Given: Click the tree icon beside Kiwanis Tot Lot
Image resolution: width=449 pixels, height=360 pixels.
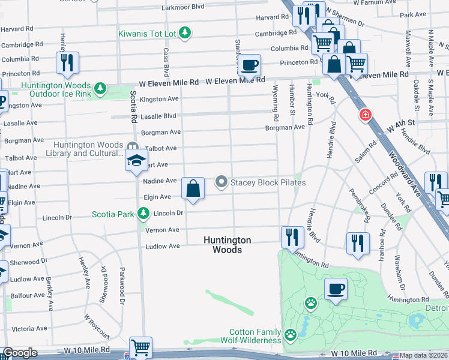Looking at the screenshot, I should coord(186,32).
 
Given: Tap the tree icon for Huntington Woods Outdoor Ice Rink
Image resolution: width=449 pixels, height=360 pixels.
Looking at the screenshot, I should coord(100,89).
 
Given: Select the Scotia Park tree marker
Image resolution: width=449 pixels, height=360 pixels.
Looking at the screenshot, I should coord(143,213).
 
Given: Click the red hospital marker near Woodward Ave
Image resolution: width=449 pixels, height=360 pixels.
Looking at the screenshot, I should coord(364,115).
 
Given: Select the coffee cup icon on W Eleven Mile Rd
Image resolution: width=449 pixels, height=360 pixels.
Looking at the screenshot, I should coord(250,64).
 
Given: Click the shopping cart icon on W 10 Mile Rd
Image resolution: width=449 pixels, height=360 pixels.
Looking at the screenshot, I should coord(140,347).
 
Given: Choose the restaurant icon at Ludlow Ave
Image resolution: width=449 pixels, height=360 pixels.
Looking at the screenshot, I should coord(292,236).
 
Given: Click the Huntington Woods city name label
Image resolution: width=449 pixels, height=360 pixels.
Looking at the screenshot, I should coord(227,245).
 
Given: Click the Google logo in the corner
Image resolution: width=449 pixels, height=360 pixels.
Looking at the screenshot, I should coord(20,353).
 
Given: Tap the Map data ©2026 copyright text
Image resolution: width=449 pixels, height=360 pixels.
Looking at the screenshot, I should coord(424,355).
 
